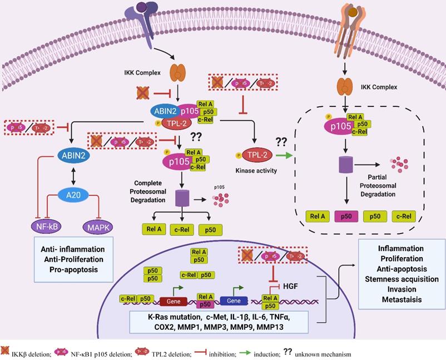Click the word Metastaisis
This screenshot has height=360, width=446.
397,299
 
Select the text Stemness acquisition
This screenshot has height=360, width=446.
397,279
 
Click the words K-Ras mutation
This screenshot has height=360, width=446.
170,316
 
